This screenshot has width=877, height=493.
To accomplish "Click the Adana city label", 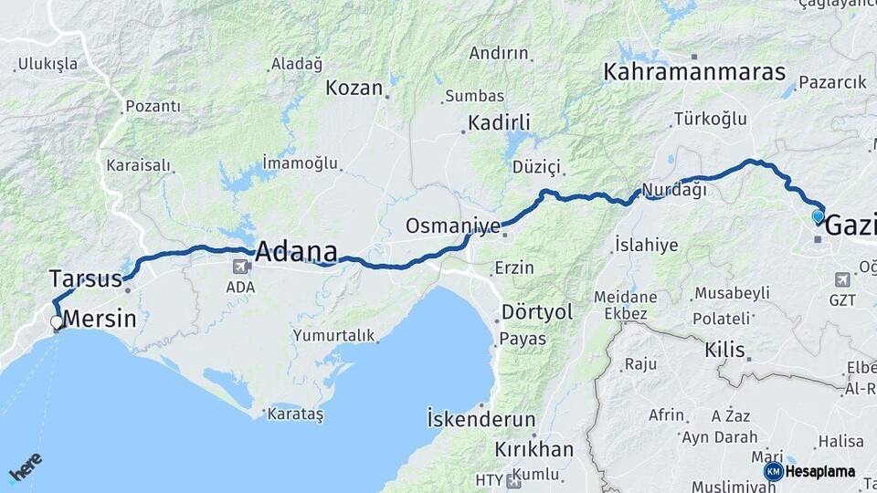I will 296,252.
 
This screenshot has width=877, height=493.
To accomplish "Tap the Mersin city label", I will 100,320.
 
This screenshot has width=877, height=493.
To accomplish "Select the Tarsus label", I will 85,278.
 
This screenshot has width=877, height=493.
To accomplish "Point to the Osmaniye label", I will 453,226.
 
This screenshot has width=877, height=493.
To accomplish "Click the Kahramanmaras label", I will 694,72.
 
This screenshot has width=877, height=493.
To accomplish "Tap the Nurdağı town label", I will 674,190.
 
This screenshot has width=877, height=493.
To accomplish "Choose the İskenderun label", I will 481,420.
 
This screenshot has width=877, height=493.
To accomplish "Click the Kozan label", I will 354,88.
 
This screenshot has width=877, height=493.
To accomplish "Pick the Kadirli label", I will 499,122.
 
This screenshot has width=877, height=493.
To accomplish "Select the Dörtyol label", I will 536,312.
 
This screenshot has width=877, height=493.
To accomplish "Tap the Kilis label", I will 724,350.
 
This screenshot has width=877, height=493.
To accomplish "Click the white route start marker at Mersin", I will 57,322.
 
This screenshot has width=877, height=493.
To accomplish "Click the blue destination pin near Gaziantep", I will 818,217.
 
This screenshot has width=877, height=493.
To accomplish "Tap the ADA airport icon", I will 241,267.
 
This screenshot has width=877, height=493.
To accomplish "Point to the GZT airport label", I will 842,299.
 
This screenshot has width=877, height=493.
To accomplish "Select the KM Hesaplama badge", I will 810,471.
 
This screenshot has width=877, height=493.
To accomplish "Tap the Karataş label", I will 295,414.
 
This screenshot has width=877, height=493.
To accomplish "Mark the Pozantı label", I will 153,107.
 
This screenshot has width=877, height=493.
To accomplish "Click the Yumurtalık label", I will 333,335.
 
